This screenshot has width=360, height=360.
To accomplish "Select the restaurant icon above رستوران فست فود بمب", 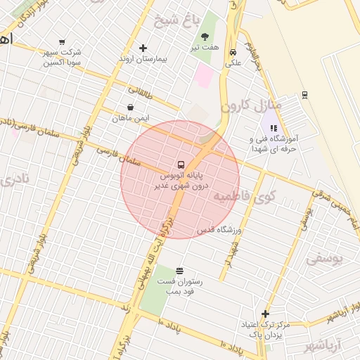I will [x=179, y=271].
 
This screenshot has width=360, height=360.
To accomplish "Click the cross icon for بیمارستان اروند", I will [x=143, y=48].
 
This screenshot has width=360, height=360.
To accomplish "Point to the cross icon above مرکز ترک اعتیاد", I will [x=265, y=314].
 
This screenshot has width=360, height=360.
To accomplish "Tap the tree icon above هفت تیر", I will [x=205, y=37].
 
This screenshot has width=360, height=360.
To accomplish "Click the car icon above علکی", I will [x=233, y=52].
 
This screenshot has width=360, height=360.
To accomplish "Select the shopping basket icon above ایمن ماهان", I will [x=131, y=108].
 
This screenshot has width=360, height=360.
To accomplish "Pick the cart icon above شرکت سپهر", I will [x=63, y=42].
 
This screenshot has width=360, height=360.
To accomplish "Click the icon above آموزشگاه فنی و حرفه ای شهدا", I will [x=274, y=129].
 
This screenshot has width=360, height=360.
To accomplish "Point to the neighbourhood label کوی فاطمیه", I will [x=245, y=195].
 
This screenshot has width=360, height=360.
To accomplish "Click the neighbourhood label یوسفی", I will [x=326, y=258].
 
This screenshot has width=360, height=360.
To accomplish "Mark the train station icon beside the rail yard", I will [x=304, y=95].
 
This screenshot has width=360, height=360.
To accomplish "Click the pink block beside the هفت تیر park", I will [x=205, y=75].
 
